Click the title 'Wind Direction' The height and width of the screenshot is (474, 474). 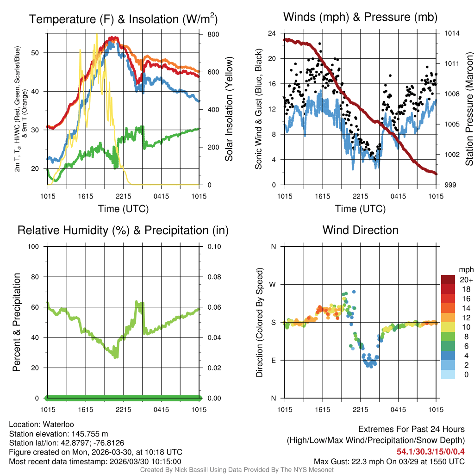tap(360, 230)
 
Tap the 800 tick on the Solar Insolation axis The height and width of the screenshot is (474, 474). tap(207, 34)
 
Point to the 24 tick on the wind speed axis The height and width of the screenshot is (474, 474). tap(272, 33)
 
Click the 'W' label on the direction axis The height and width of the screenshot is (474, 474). tap(273, 284)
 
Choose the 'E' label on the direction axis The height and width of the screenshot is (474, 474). tap(273, 360)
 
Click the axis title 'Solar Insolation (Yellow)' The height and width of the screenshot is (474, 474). tap(229, 109)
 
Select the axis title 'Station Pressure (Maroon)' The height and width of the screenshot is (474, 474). tap(469, 109)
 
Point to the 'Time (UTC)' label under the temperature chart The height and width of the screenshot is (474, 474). tap(123, 209)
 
